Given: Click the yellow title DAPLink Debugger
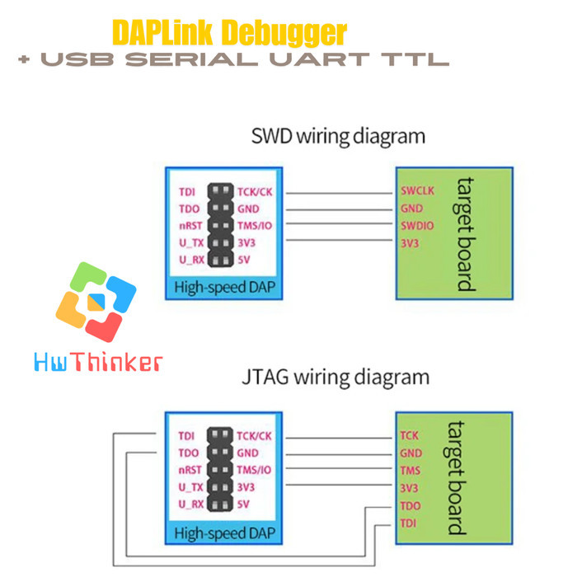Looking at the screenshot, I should pos(229,32).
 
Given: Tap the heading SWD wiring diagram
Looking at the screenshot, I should pos(339,136).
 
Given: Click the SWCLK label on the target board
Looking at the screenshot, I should pos(416,191).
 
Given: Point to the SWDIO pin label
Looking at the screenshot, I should pos(416,225).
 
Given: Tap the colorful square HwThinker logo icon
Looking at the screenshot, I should pos(96,302).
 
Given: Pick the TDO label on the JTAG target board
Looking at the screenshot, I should pos(410,505).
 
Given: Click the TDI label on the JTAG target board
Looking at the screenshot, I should pos(409,523).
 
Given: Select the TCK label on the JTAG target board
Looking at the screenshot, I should pos(410,435).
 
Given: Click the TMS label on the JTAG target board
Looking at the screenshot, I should pos(410,471).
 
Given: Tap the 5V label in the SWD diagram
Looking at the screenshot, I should pos(245,260).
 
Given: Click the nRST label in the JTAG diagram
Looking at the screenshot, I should pos(190,470).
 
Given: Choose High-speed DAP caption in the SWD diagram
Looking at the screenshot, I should pos(224,288).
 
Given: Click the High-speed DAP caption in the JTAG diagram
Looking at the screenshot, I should pos(224,532).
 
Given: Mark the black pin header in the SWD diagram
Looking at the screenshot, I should pos(219,226).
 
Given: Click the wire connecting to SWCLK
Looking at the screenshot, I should pos(338,192).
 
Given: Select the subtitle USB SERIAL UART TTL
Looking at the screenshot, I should pos(233,60).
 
